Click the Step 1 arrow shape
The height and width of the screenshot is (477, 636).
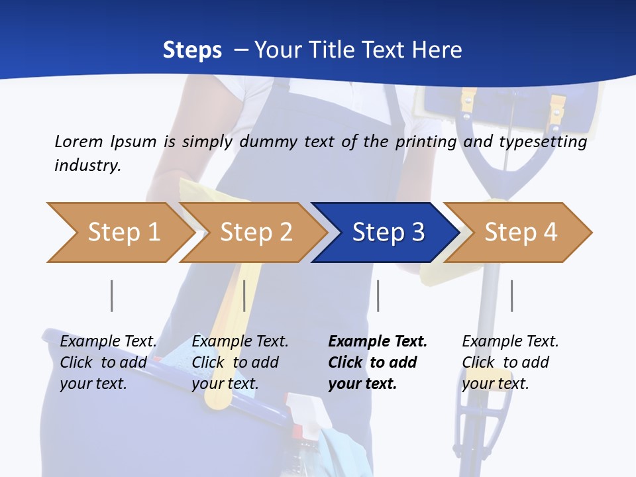coord(123,233)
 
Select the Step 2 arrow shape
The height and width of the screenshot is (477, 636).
coord(256,233)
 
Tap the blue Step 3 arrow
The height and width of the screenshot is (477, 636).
coord(388,233)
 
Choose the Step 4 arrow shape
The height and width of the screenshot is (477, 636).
coord(521,233)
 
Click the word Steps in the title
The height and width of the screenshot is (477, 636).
coord(192,50)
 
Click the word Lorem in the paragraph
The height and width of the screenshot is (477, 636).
coord(79,141)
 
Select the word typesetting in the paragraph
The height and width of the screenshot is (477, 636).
coord(543,141)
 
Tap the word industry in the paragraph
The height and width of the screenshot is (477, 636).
coord(87,165)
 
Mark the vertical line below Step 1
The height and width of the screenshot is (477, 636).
coord(112,295)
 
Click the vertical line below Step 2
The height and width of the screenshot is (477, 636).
coord(244,295)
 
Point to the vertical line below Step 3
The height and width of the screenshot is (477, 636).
coord(378,295)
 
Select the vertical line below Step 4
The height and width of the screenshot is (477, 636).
coord(511,295)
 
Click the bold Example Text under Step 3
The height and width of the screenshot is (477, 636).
coord(378,341)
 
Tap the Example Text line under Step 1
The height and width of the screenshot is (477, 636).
coord(108,341)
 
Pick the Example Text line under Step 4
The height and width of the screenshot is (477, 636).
coord(510,341)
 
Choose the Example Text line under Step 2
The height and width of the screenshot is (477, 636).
coord(240,341)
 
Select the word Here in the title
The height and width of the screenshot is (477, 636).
coord(436,50)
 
